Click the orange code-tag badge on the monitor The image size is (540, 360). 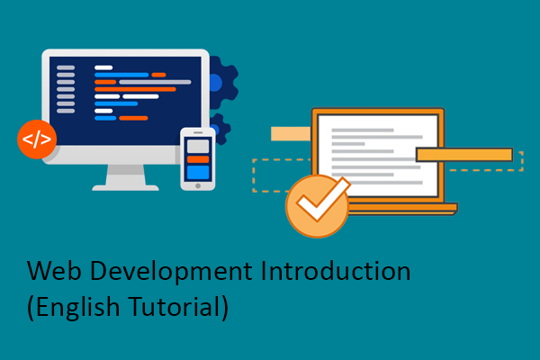point(36,139)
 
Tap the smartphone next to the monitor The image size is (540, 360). point(198,158)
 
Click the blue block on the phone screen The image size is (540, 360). point(198,171)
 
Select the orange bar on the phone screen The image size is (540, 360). point(198,158)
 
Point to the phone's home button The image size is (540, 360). point(198,184)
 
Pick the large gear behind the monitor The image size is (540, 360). point(221,84)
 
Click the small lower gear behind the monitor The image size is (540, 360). point(219,129)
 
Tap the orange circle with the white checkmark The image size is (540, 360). point(317,207)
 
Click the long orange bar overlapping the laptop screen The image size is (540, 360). point(463,155)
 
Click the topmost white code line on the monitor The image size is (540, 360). point(103,67)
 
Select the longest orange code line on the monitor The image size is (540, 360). point(135,89)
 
